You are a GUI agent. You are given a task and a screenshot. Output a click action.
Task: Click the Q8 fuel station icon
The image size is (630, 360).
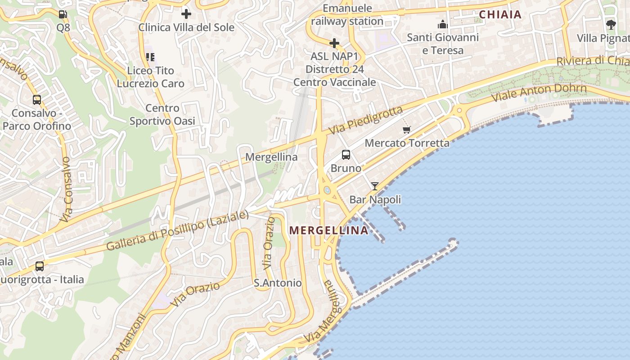[63, 14]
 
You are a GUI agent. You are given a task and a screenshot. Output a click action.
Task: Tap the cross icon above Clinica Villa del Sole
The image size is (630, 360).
[186, 14]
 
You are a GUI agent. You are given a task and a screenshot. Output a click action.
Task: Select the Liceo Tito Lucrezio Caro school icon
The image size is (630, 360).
[150, 57]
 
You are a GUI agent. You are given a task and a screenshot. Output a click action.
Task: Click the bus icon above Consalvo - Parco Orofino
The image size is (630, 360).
[37, 100]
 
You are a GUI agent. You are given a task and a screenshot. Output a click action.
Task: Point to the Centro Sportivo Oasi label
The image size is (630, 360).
[162, 114]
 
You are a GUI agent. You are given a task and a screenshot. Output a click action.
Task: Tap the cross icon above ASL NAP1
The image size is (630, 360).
[334, 43]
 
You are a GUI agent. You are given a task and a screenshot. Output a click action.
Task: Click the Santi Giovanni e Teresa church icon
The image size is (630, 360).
[443, 24]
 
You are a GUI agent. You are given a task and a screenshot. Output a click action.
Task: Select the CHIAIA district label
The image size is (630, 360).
[500, 14]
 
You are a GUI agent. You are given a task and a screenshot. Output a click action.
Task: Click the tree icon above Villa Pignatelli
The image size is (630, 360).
[611, 24]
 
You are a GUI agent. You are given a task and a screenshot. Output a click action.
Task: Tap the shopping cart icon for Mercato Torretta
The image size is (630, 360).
[407, 130]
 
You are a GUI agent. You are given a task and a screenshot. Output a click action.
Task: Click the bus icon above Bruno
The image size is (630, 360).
[346, 155]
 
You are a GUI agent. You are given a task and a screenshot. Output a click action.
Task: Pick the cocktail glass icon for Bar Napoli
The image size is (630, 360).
[375, 186]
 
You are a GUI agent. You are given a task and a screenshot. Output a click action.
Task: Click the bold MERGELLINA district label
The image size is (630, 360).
[328, 230]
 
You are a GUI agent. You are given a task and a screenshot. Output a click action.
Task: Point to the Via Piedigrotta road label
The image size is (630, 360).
[365, 120]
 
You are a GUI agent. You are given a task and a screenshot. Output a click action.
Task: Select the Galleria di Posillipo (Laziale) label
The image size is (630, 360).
[177, 230]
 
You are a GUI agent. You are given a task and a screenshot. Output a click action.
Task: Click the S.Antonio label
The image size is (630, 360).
[278, 283]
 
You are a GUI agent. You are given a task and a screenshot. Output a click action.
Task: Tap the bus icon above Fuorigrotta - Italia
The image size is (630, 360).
[40, 266]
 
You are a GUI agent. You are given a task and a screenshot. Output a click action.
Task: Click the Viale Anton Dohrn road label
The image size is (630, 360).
[539, 92]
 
